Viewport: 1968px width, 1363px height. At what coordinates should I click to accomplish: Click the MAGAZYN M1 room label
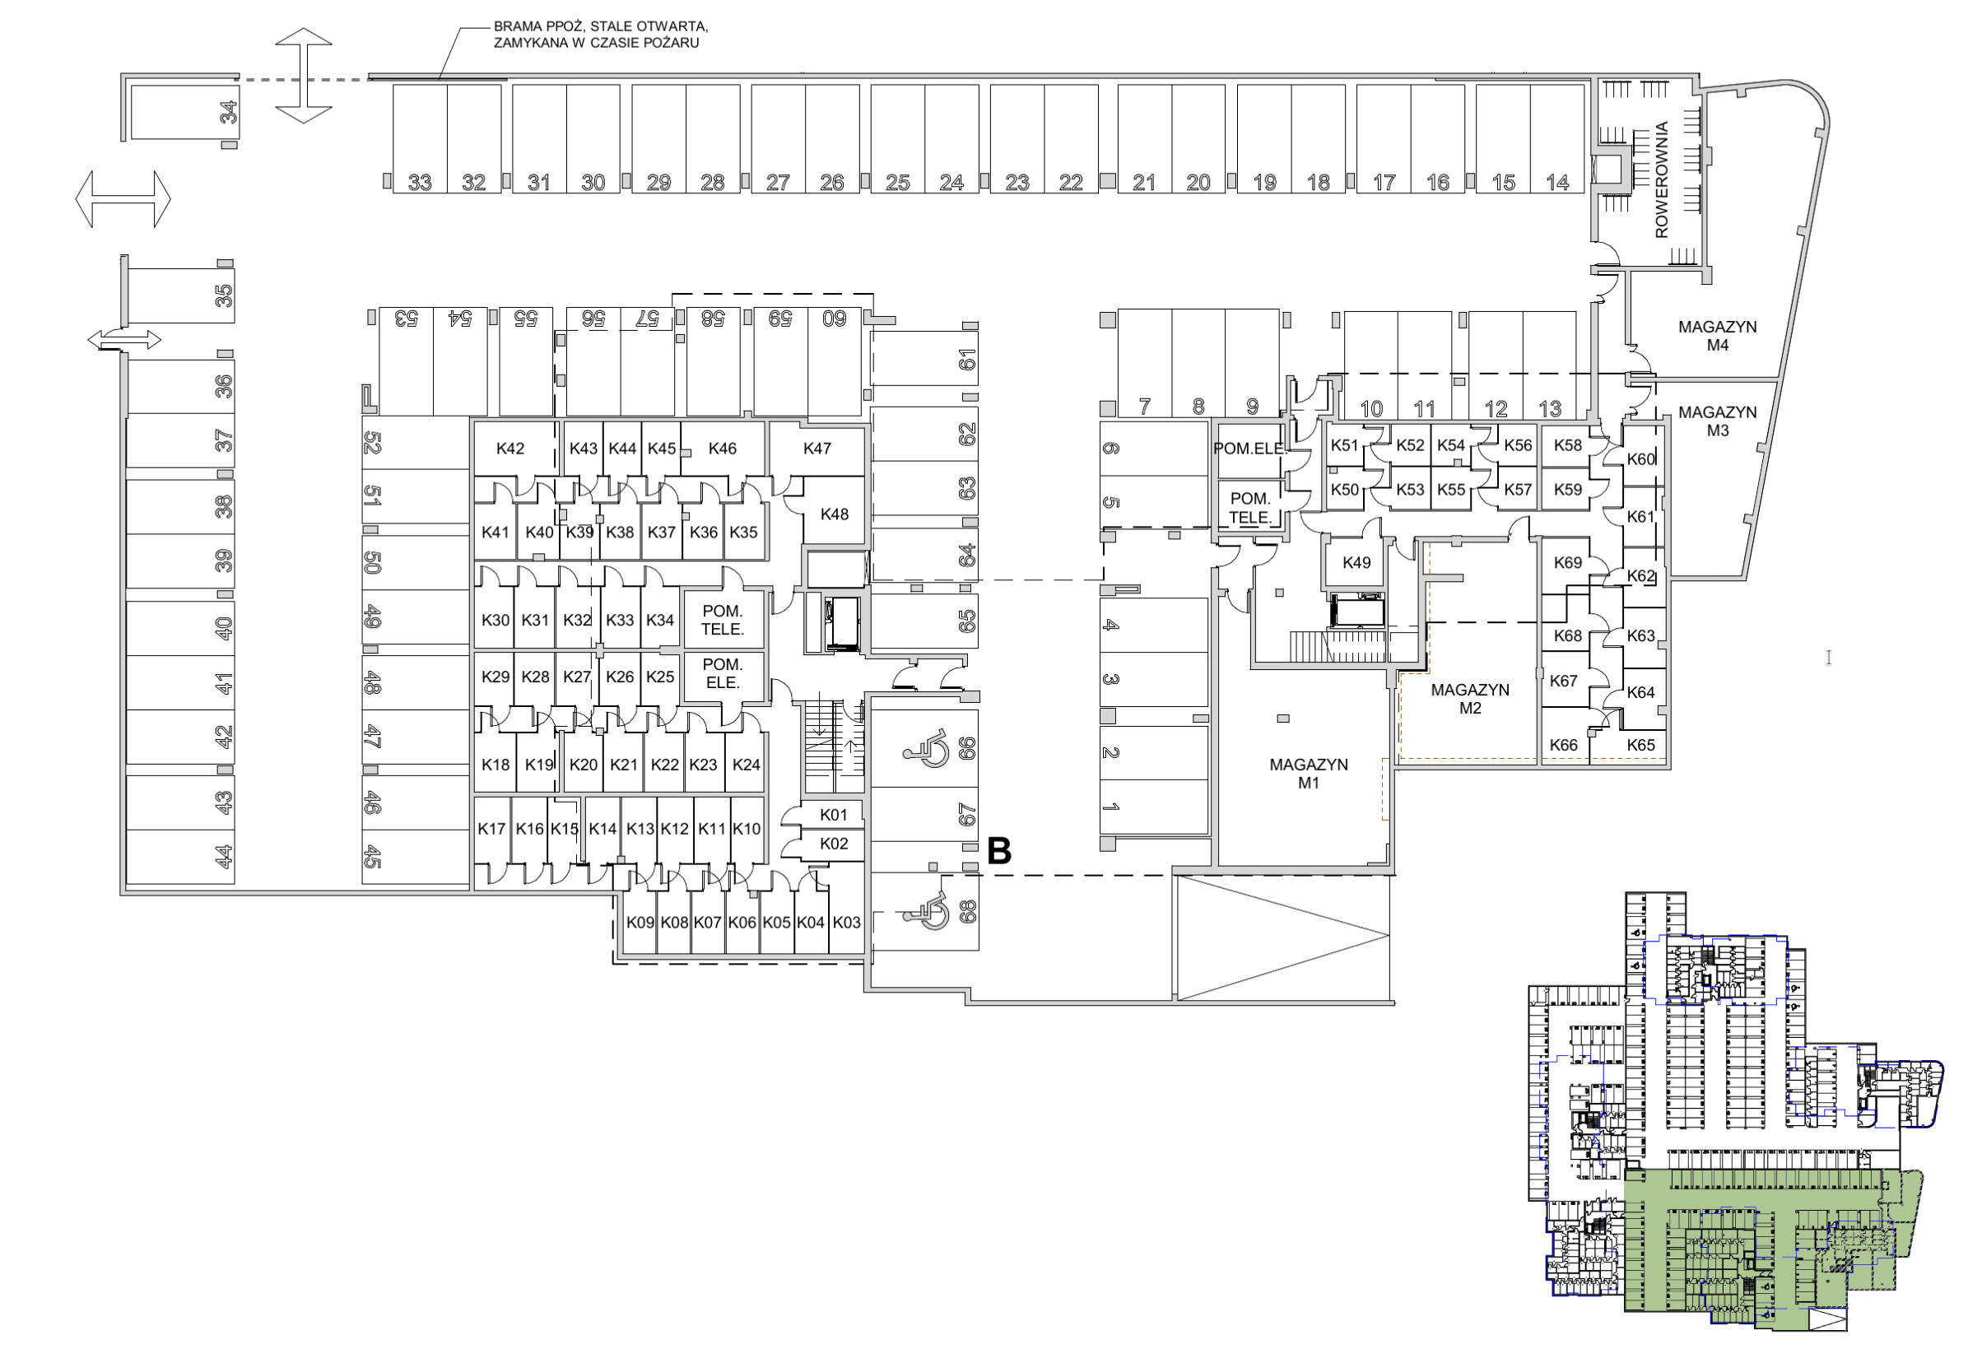[1308, 773]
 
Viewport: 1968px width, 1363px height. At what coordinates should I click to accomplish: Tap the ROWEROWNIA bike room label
[1662, 179]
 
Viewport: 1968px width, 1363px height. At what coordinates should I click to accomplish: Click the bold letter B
[999, 850]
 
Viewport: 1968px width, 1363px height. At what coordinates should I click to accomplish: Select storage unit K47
[817, 449]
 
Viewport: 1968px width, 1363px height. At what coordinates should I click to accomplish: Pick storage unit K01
[833, 815]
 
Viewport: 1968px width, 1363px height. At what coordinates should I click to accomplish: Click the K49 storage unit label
[1356, 563]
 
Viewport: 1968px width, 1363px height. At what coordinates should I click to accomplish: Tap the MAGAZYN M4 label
[1717, 336]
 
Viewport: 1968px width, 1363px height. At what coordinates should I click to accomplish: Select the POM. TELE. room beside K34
[723, 620]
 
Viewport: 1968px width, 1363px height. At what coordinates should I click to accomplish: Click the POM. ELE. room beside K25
[723, 673]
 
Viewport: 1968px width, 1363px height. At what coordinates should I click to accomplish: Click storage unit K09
[640, 923]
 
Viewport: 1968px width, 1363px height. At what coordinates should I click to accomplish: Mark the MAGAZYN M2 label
[1469, 699]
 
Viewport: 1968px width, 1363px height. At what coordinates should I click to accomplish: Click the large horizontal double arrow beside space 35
[123, 199]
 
